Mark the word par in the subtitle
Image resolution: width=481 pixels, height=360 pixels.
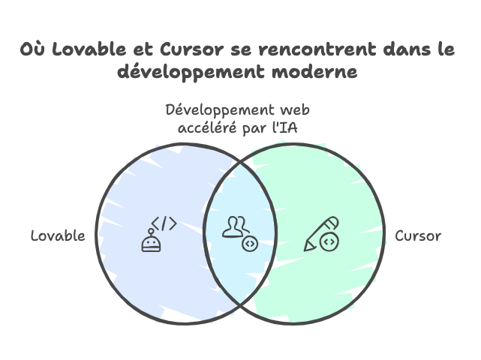tap(255, 127)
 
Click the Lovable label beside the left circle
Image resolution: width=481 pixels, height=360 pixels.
tap(58, 236)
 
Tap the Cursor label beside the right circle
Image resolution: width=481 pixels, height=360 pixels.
tap(418, 236)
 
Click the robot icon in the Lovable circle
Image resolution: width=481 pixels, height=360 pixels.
tap(151, 241)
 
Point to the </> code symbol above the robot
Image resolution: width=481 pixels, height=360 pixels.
tap(164, 223)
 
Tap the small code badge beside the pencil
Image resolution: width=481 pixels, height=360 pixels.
tap(328, 242)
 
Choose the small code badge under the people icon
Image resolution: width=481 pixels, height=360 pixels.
tap(248, 243)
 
